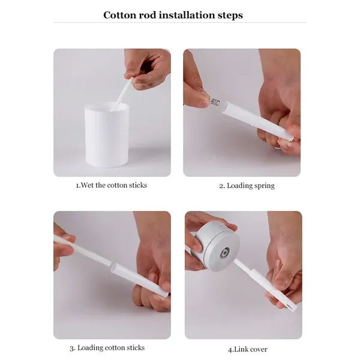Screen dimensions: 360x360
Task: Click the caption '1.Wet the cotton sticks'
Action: [111, 185]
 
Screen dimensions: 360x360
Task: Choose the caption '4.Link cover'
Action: [247, 349]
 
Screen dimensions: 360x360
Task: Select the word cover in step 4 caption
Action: [257, 349]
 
